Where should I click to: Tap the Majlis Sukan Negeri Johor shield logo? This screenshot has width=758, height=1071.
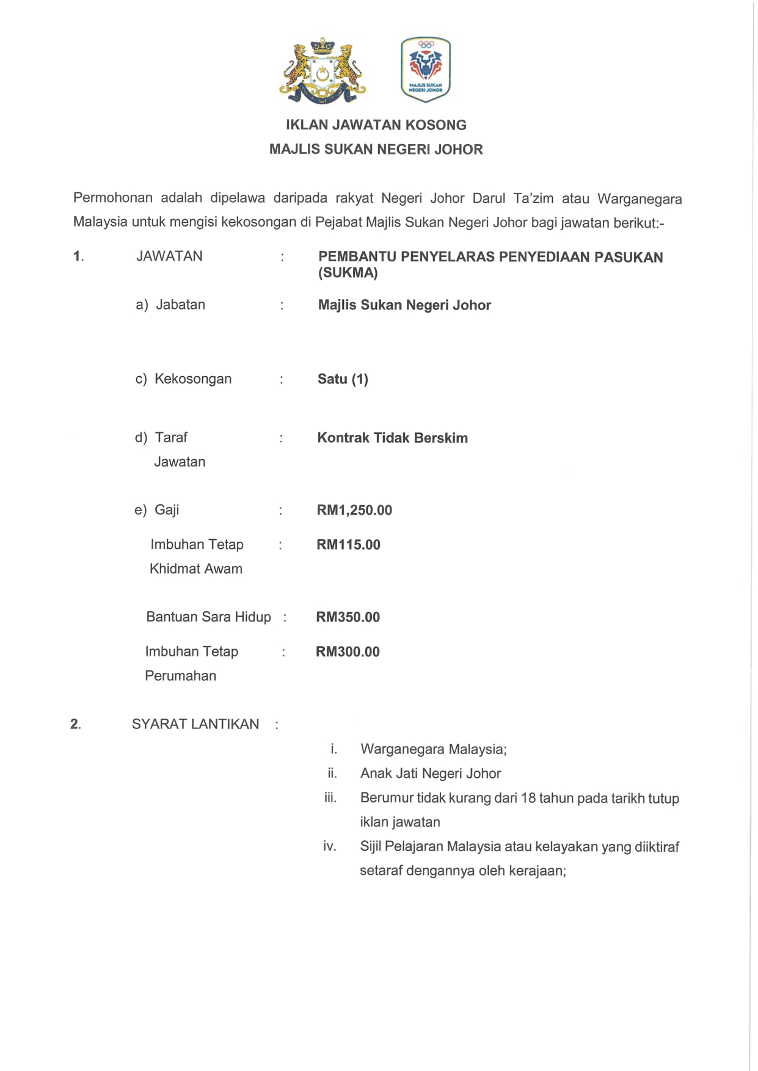tap(426, 68)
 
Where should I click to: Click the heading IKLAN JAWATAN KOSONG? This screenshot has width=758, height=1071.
tap(376, 125)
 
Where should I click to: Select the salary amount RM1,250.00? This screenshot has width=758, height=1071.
tap(354, 510)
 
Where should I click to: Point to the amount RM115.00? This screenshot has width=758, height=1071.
tap(348, 545)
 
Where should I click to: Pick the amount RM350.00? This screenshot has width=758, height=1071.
tap(348, 617)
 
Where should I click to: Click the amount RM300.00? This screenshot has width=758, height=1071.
tap(348, 652)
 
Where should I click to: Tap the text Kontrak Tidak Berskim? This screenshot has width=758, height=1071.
tap(392, 438)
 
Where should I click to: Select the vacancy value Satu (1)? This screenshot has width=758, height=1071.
tap(343, 379)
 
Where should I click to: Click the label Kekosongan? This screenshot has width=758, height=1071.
tap(193, 379)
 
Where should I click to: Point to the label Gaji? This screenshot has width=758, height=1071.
tap(167, 510)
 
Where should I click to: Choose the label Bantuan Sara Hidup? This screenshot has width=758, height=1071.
tap(208, 617)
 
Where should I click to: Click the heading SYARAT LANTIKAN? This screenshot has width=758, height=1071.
tap(195, 724)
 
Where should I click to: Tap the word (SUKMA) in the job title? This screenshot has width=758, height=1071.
tap(348, 273)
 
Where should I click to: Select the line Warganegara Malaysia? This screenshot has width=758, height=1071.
tap(434, 749)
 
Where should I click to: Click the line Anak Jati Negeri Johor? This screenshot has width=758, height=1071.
tap(431, 774)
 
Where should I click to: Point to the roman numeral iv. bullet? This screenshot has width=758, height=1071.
tap(330, 846)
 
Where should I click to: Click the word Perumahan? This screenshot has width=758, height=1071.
tap(181, 676)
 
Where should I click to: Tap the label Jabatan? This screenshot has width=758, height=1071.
tap(181, 305)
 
